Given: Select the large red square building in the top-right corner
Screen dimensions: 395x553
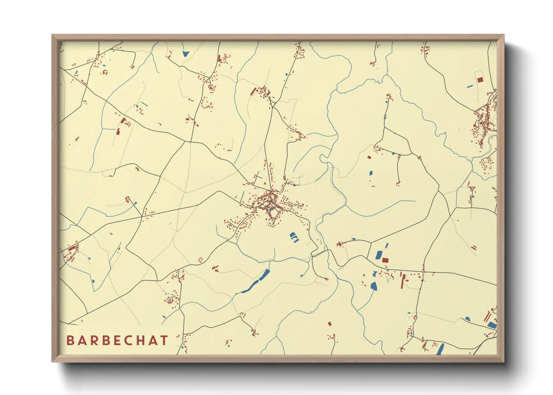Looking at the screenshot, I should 480,80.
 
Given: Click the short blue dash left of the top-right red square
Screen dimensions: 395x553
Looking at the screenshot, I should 470,87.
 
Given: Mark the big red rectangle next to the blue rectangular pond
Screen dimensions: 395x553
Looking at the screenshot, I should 385,260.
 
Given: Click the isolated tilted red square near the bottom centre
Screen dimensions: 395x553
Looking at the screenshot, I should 330,324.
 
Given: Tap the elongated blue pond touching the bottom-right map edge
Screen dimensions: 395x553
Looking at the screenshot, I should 441,349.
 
